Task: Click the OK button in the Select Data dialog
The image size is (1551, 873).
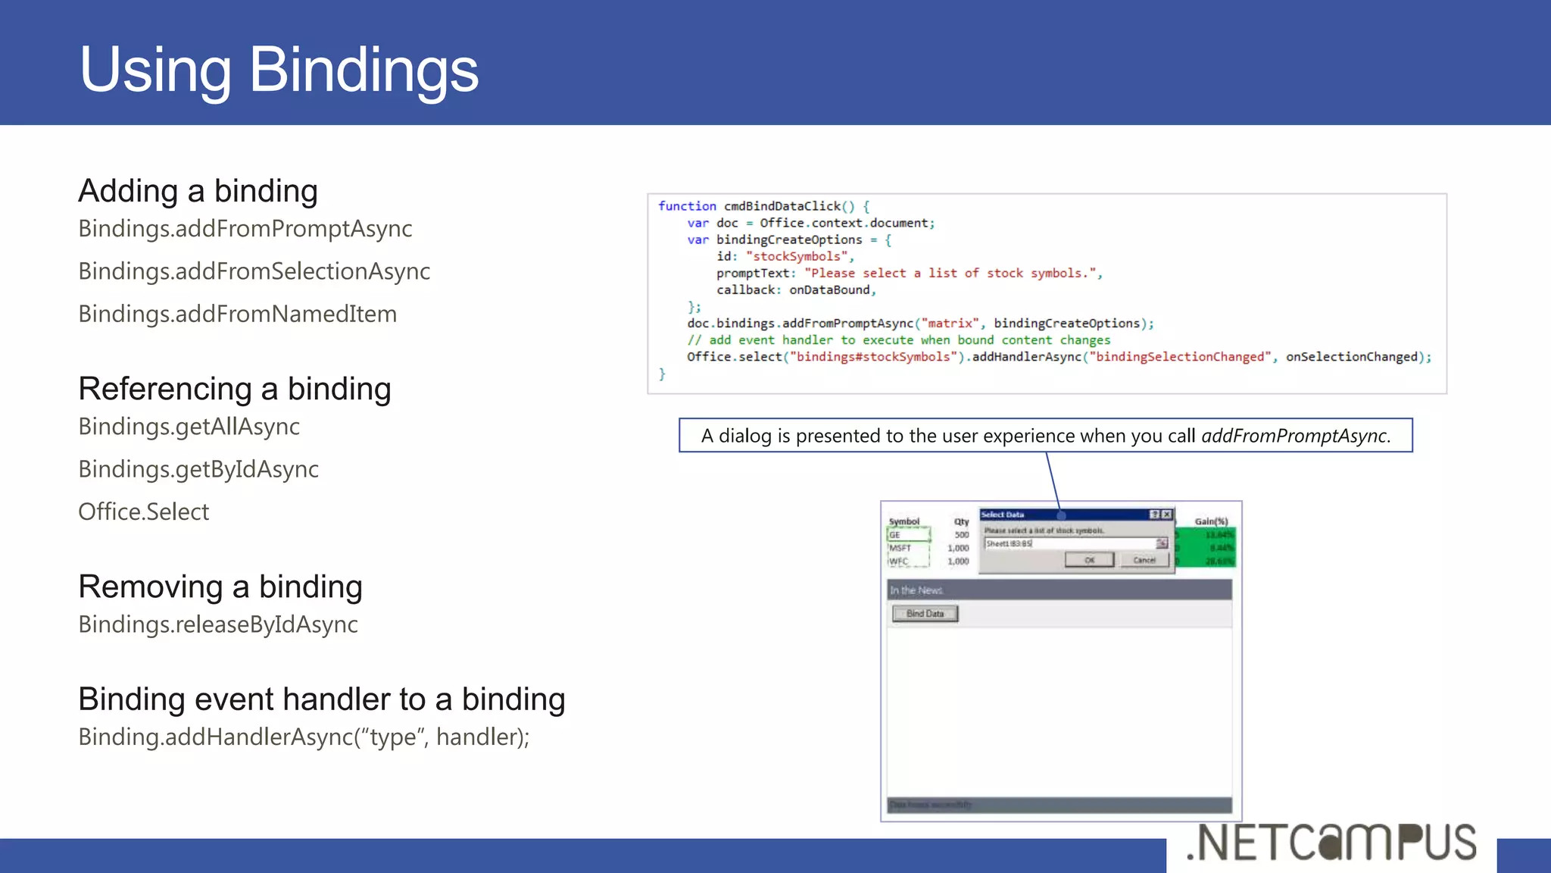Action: coord(1089,560)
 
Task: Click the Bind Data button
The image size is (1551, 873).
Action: coord(925,613)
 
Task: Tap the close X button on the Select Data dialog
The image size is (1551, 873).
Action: coord(1167,515)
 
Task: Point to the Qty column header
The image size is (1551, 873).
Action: coord(961,521)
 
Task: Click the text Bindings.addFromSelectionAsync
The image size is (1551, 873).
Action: coord(254,271)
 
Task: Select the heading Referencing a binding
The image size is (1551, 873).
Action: coord(235,389)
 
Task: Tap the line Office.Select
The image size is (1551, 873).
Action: coord(144,512)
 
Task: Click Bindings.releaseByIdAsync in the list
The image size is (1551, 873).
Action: coord(218,624)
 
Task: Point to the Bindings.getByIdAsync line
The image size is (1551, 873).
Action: coord(198,469)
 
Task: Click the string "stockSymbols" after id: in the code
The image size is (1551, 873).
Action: coord(797,256)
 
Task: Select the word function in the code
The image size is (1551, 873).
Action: coord(687,206)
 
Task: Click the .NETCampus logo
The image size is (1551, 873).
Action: coord(1331,843)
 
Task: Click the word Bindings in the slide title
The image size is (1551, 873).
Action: coord(364,70)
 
